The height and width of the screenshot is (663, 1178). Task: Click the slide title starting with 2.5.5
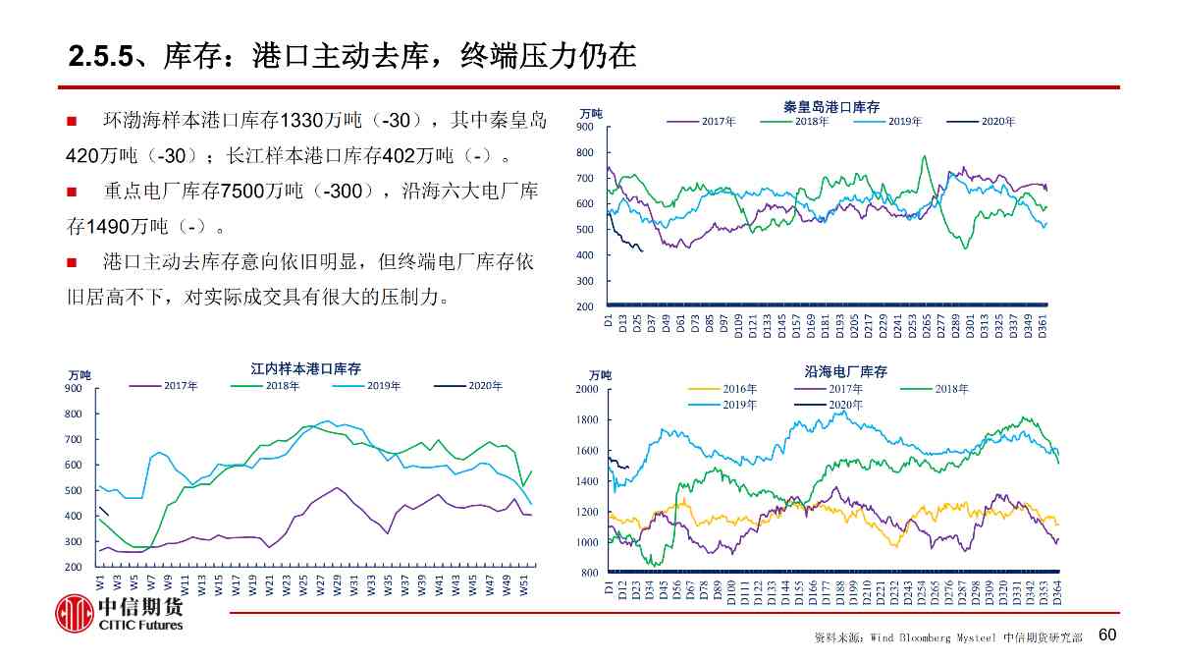point(353,56)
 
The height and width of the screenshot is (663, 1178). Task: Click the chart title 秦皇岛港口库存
point(830,106)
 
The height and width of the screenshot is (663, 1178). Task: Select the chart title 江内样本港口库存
point(305,368)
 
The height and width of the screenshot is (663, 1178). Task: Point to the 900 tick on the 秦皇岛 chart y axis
point(585,128)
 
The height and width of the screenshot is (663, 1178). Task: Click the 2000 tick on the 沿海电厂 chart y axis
point(587,390)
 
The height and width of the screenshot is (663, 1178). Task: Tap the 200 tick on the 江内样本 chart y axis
point(75,568)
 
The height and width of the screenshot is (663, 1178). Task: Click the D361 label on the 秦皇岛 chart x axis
point(1043,325)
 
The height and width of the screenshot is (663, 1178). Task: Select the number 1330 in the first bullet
point(299,121)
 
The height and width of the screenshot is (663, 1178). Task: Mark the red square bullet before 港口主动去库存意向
point(72,262)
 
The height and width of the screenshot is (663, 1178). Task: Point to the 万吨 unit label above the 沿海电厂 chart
point(600,375)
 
